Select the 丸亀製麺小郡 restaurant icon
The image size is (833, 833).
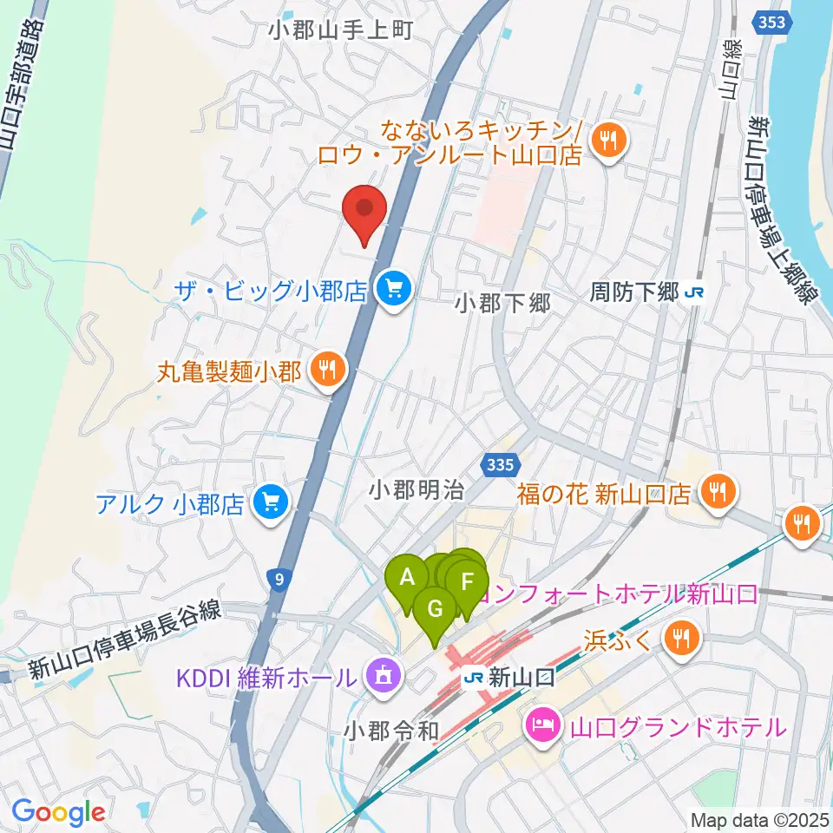(x=327, y=372)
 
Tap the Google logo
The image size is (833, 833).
(x=58, y=812)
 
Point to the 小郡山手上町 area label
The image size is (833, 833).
(x=339, y=30)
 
